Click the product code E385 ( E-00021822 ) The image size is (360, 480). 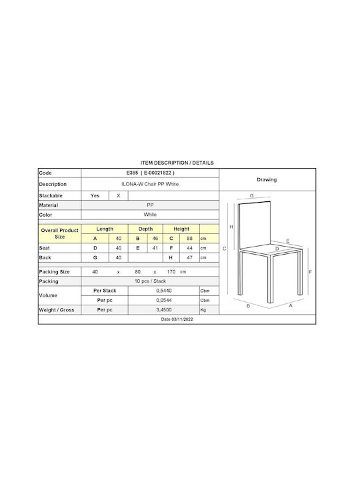150,173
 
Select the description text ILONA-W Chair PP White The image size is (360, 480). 150,184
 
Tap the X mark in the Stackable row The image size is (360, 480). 119,195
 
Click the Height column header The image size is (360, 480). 181,229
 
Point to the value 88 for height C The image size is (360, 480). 190,239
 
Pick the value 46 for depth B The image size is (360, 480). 155,239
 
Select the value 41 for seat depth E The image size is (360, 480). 155,248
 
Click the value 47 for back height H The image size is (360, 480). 190,257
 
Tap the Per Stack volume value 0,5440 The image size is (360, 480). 164,291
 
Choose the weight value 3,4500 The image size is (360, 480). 164,310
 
